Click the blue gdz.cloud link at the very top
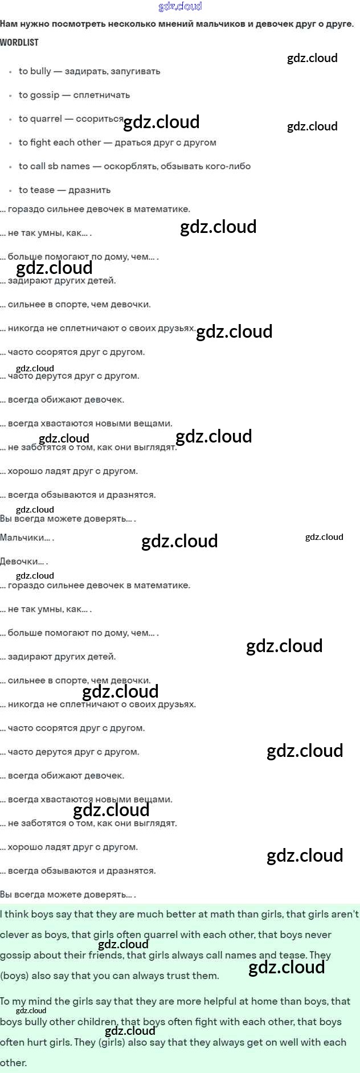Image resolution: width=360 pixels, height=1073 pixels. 180,6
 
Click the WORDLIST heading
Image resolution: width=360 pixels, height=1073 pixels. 19,43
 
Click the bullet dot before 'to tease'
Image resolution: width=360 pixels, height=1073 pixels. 10,191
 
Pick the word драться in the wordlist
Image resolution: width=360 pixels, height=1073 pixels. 133,142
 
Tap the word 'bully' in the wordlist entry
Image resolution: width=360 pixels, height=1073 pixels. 40,71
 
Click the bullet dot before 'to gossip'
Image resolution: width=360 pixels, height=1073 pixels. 10,96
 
